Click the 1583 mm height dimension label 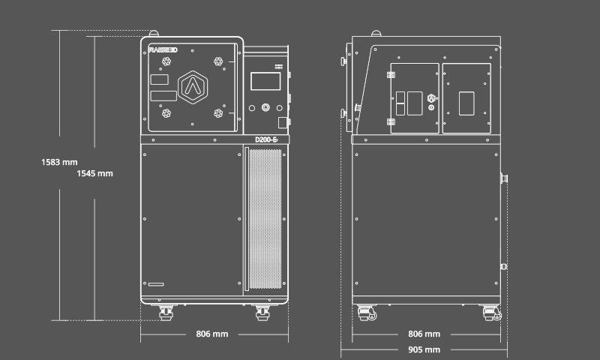click(x=59, y=161)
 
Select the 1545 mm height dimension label click(x=94, y=173)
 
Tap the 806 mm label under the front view click(x=211, y=334)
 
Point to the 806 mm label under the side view click(x=424, y=334)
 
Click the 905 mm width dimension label click(x=424, y=349)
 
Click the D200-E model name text click(x=267, y=139)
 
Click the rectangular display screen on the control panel click(x=263, y=80)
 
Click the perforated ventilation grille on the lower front click(x=264, y=219)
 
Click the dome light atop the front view click(x=154, y=33)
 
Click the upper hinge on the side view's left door click(x=391, y=73)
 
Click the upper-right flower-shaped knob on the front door click(x=217, y=61)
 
